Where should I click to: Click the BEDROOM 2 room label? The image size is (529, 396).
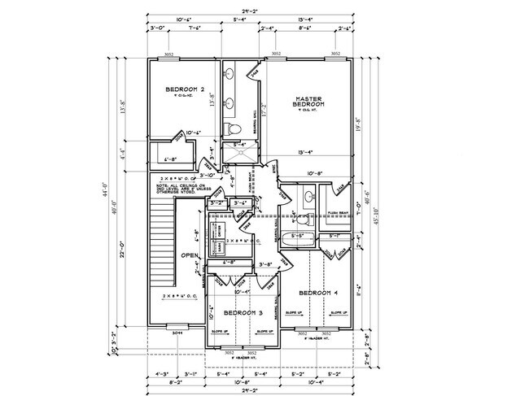tap(184, 89)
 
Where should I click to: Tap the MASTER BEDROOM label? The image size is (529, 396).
tap(309, 102)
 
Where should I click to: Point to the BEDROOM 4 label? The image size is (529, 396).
tap(317, 292)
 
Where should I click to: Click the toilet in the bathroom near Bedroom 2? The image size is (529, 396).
tap(233, 129)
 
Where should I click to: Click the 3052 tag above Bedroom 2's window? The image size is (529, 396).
tap(168, 54)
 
